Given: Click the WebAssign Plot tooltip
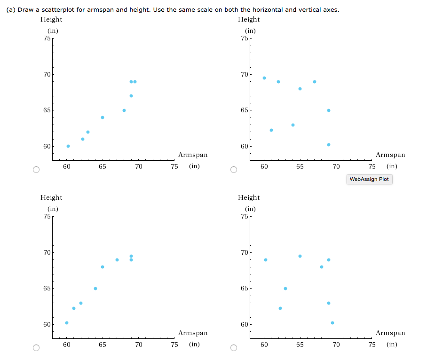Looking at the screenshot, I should tap(370, 179).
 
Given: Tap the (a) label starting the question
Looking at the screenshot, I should tap(11, 10).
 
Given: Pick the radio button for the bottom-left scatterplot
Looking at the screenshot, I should tap(36, 348).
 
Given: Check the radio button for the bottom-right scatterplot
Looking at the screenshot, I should tap(233, 348).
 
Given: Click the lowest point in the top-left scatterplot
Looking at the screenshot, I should tap(68, 146).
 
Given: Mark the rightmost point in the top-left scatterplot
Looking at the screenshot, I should tap(135, 82).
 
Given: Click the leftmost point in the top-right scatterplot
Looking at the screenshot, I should tap(264, 78).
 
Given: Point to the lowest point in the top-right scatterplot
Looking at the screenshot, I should tap(329, 145).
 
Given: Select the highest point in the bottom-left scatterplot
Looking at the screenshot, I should tap(131, 256).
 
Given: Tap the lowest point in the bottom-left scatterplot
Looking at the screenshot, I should tap(67, 323).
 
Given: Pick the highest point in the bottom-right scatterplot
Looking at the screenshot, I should tap(300, 256).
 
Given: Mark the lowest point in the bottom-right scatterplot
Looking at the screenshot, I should tap(332, 323).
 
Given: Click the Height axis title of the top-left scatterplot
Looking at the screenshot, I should tap(51, 19).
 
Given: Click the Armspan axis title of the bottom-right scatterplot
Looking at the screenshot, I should tap(390, 333).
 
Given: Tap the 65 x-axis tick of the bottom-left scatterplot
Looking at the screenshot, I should tap(103, 345).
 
